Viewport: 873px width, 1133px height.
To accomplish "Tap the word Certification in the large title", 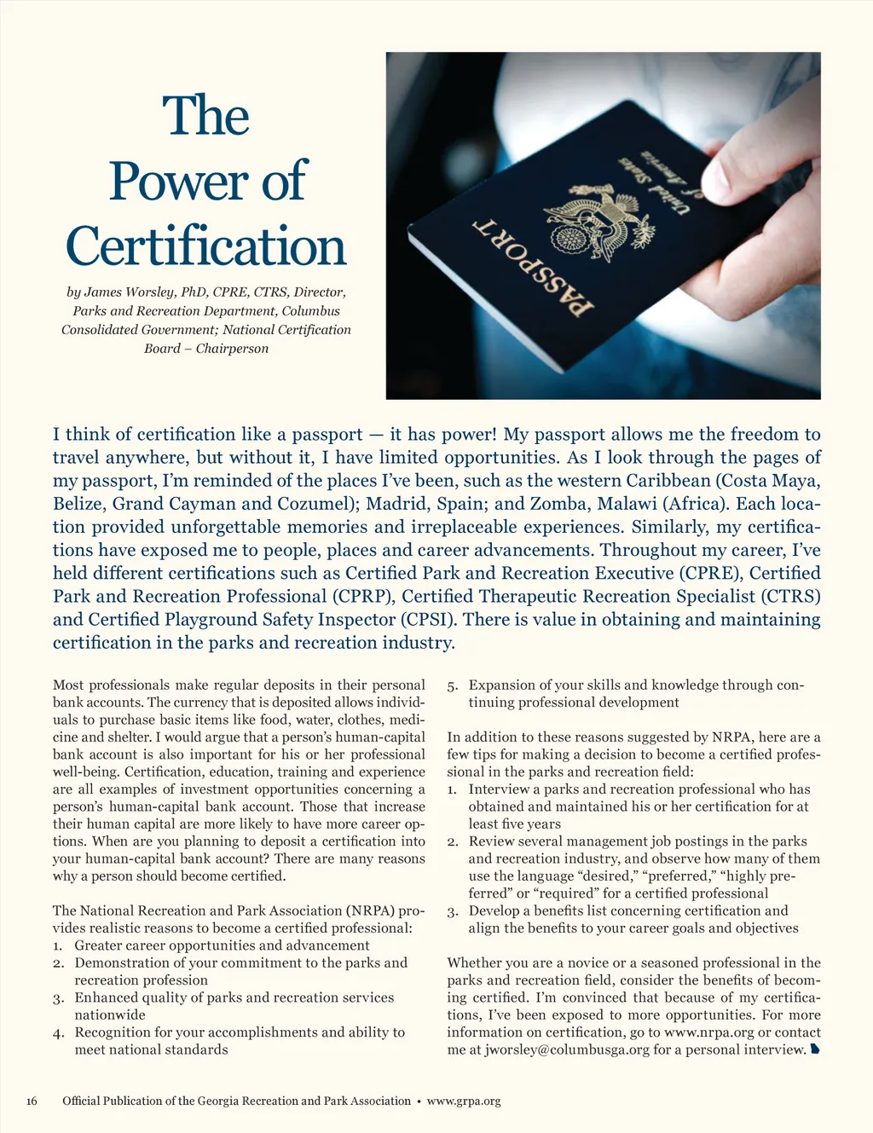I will pos(206,246).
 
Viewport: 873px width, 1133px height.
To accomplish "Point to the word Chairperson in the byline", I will pos(232,349).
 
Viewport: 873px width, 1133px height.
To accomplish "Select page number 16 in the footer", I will pos(32,1101).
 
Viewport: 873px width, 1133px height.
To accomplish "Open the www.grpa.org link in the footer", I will pos(463,1101).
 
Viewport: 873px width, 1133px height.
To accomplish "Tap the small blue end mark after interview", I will pos(815,1049).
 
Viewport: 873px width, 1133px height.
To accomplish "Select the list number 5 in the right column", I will pos(453,685).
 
